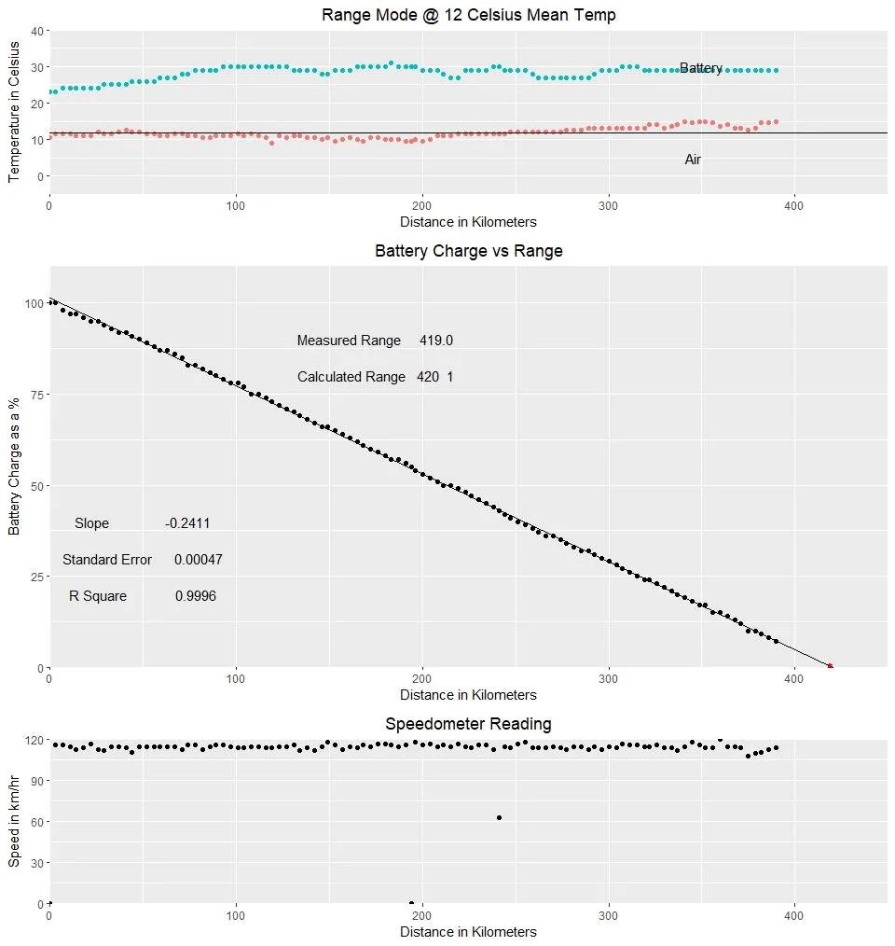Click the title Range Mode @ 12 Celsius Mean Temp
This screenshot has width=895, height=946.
469,15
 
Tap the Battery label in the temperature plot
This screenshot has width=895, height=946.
701,68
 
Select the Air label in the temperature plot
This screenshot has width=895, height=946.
693,160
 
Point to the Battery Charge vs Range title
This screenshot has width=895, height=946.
469,251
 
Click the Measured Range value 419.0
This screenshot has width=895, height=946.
436,341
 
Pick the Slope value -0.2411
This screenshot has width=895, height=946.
187,523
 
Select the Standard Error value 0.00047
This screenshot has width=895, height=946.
199,560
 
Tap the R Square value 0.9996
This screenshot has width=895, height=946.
196,596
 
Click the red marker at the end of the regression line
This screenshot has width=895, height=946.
831,666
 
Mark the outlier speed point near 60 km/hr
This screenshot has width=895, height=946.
500,818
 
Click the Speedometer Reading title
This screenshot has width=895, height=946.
469,724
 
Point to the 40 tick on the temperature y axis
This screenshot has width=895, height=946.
37,31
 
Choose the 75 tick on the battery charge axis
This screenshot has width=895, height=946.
37,395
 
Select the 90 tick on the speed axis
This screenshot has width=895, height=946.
37,781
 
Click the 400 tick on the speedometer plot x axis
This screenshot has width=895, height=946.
793,916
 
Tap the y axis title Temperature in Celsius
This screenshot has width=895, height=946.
14,112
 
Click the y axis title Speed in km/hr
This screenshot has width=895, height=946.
14,822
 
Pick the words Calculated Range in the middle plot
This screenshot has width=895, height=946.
351,377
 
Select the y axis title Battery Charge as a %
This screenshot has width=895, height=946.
14,466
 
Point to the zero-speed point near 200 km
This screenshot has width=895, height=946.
411,903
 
